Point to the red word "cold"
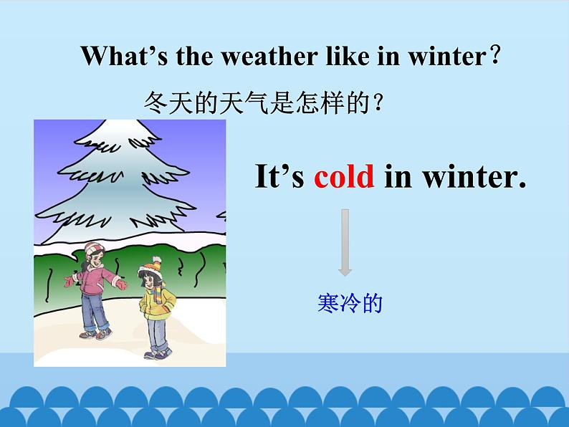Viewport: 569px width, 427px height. tap(344, 176)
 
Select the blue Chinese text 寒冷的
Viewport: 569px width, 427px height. tap(350, 304)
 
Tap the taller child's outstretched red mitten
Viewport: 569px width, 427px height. tap(121, 284)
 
